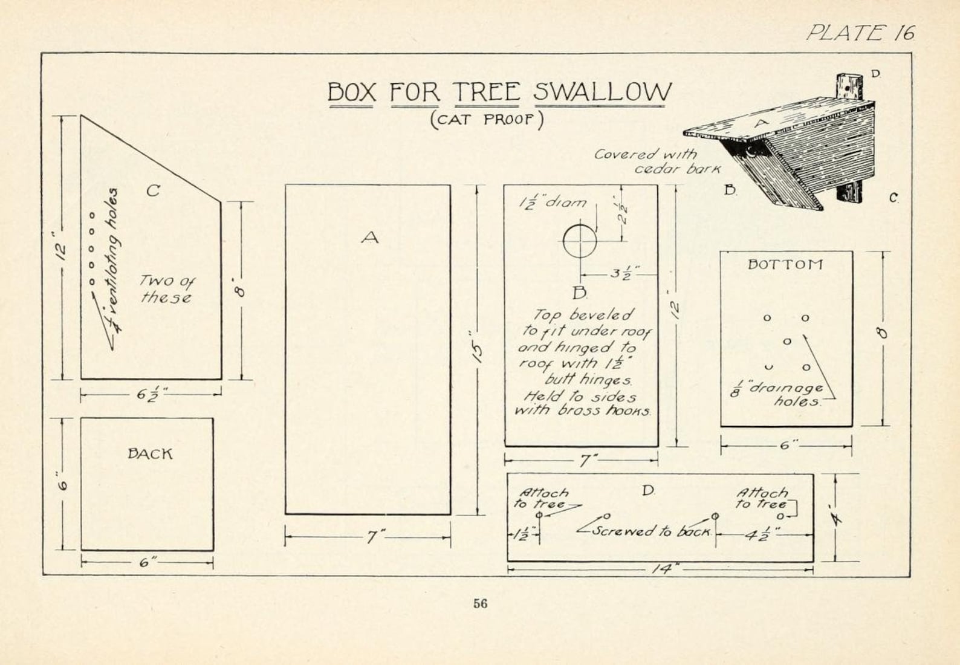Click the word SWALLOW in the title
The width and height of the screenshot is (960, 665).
(602, 92)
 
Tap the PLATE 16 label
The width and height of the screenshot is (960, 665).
(860, 33)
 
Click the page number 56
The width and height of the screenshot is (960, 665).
(481, 603)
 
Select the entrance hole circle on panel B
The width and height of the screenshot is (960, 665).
(580, 241)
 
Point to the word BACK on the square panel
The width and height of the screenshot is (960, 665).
(150, 453)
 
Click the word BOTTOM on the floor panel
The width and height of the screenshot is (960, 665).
(785, 264)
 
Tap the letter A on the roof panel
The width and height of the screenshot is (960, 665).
(370, 238)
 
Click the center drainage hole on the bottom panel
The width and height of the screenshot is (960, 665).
(786, 342)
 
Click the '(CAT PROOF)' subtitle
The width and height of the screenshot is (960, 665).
(487, 119)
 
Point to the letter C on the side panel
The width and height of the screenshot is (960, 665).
(153, 190)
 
